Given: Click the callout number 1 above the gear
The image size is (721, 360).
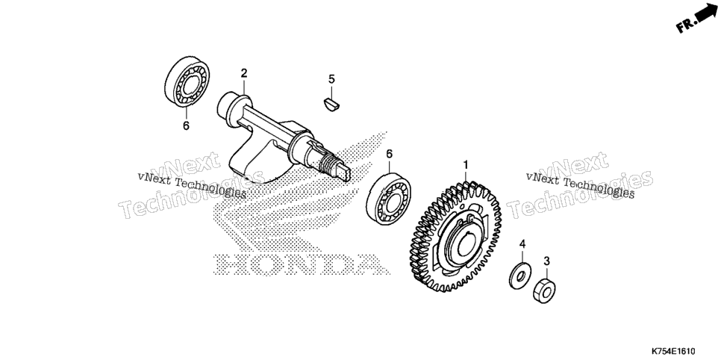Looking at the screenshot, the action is (465, 164).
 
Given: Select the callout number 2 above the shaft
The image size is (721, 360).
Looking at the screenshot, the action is (244, 72).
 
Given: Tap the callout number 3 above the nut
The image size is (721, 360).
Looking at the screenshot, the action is (546, 261).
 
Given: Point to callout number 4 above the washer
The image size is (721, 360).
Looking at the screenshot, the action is (522, 244).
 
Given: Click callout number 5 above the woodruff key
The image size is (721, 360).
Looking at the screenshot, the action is (331, 79).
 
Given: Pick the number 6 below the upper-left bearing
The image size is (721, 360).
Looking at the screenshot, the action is (186, 125).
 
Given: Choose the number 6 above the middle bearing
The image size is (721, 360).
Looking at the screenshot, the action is (389, 154).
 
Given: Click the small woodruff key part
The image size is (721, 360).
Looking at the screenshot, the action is (331, 104).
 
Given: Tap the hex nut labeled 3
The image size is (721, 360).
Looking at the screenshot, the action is (544, 291).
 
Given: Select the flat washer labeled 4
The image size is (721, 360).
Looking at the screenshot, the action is (520, 276).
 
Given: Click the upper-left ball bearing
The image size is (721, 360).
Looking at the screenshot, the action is (187, 82).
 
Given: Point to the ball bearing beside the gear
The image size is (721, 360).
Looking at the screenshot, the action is (389, 199).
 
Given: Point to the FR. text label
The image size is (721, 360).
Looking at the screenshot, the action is (685, 25).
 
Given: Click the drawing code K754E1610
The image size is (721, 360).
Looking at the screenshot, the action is (672, 351).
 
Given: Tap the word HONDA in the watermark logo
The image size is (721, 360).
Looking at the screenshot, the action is (302, 264).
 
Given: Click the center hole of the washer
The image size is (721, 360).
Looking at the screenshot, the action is (520, 276).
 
